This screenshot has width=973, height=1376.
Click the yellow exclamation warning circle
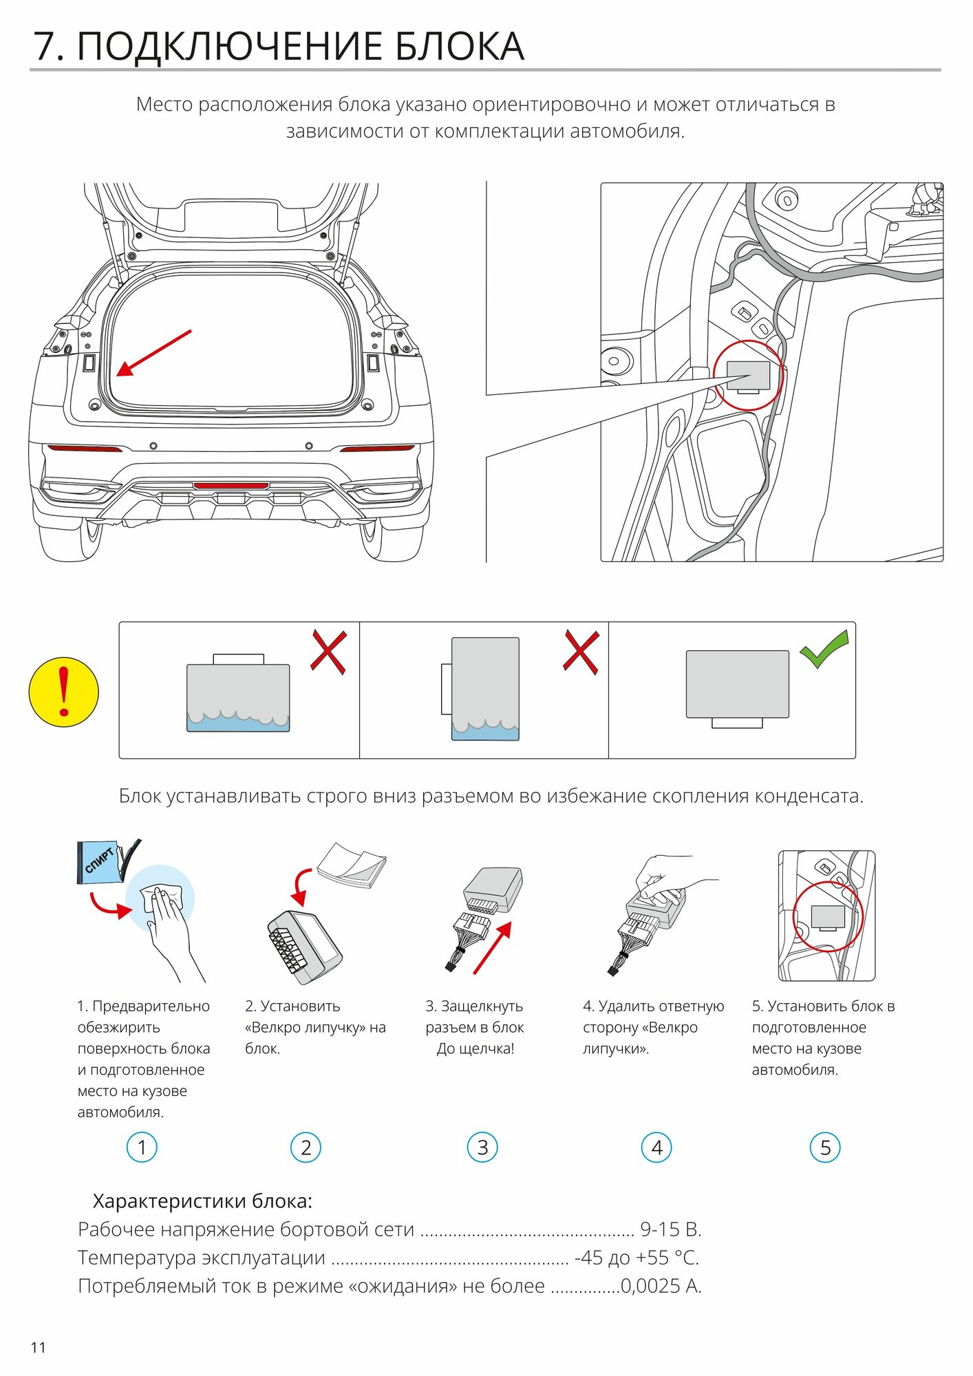coord(63,691)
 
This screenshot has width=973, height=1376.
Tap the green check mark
coord(823,649)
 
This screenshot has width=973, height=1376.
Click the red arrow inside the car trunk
coord(153,353)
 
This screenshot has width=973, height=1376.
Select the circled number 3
coord(482,1147)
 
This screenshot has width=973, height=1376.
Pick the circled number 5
coord(825,1147)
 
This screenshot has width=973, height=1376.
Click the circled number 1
coord(142,1147)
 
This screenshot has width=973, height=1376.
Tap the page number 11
coord(39,1347)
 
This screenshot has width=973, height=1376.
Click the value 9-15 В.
coord(670,1229)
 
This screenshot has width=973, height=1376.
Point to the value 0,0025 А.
coord(661,1286)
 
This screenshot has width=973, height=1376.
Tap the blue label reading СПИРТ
coord(99,860)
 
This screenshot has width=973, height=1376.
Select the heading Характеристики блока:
coord(202,1201)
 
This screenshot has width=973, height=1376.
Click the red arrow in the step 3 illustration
coord(493,948)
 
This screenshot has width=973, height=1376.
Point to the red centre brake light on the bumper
coord(231,486)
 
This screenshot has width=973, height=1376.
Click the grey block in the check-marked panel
coord(737,684)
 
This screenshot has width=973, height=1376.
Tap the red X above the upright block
coord(581,651)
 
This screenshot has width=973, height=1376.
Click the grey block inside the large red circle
coord(748,376)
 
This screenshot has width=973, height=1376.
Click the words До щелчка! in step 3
coord(475,1049)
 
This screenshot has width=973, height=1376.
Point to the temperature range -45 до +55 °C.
coord(637,1258)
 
